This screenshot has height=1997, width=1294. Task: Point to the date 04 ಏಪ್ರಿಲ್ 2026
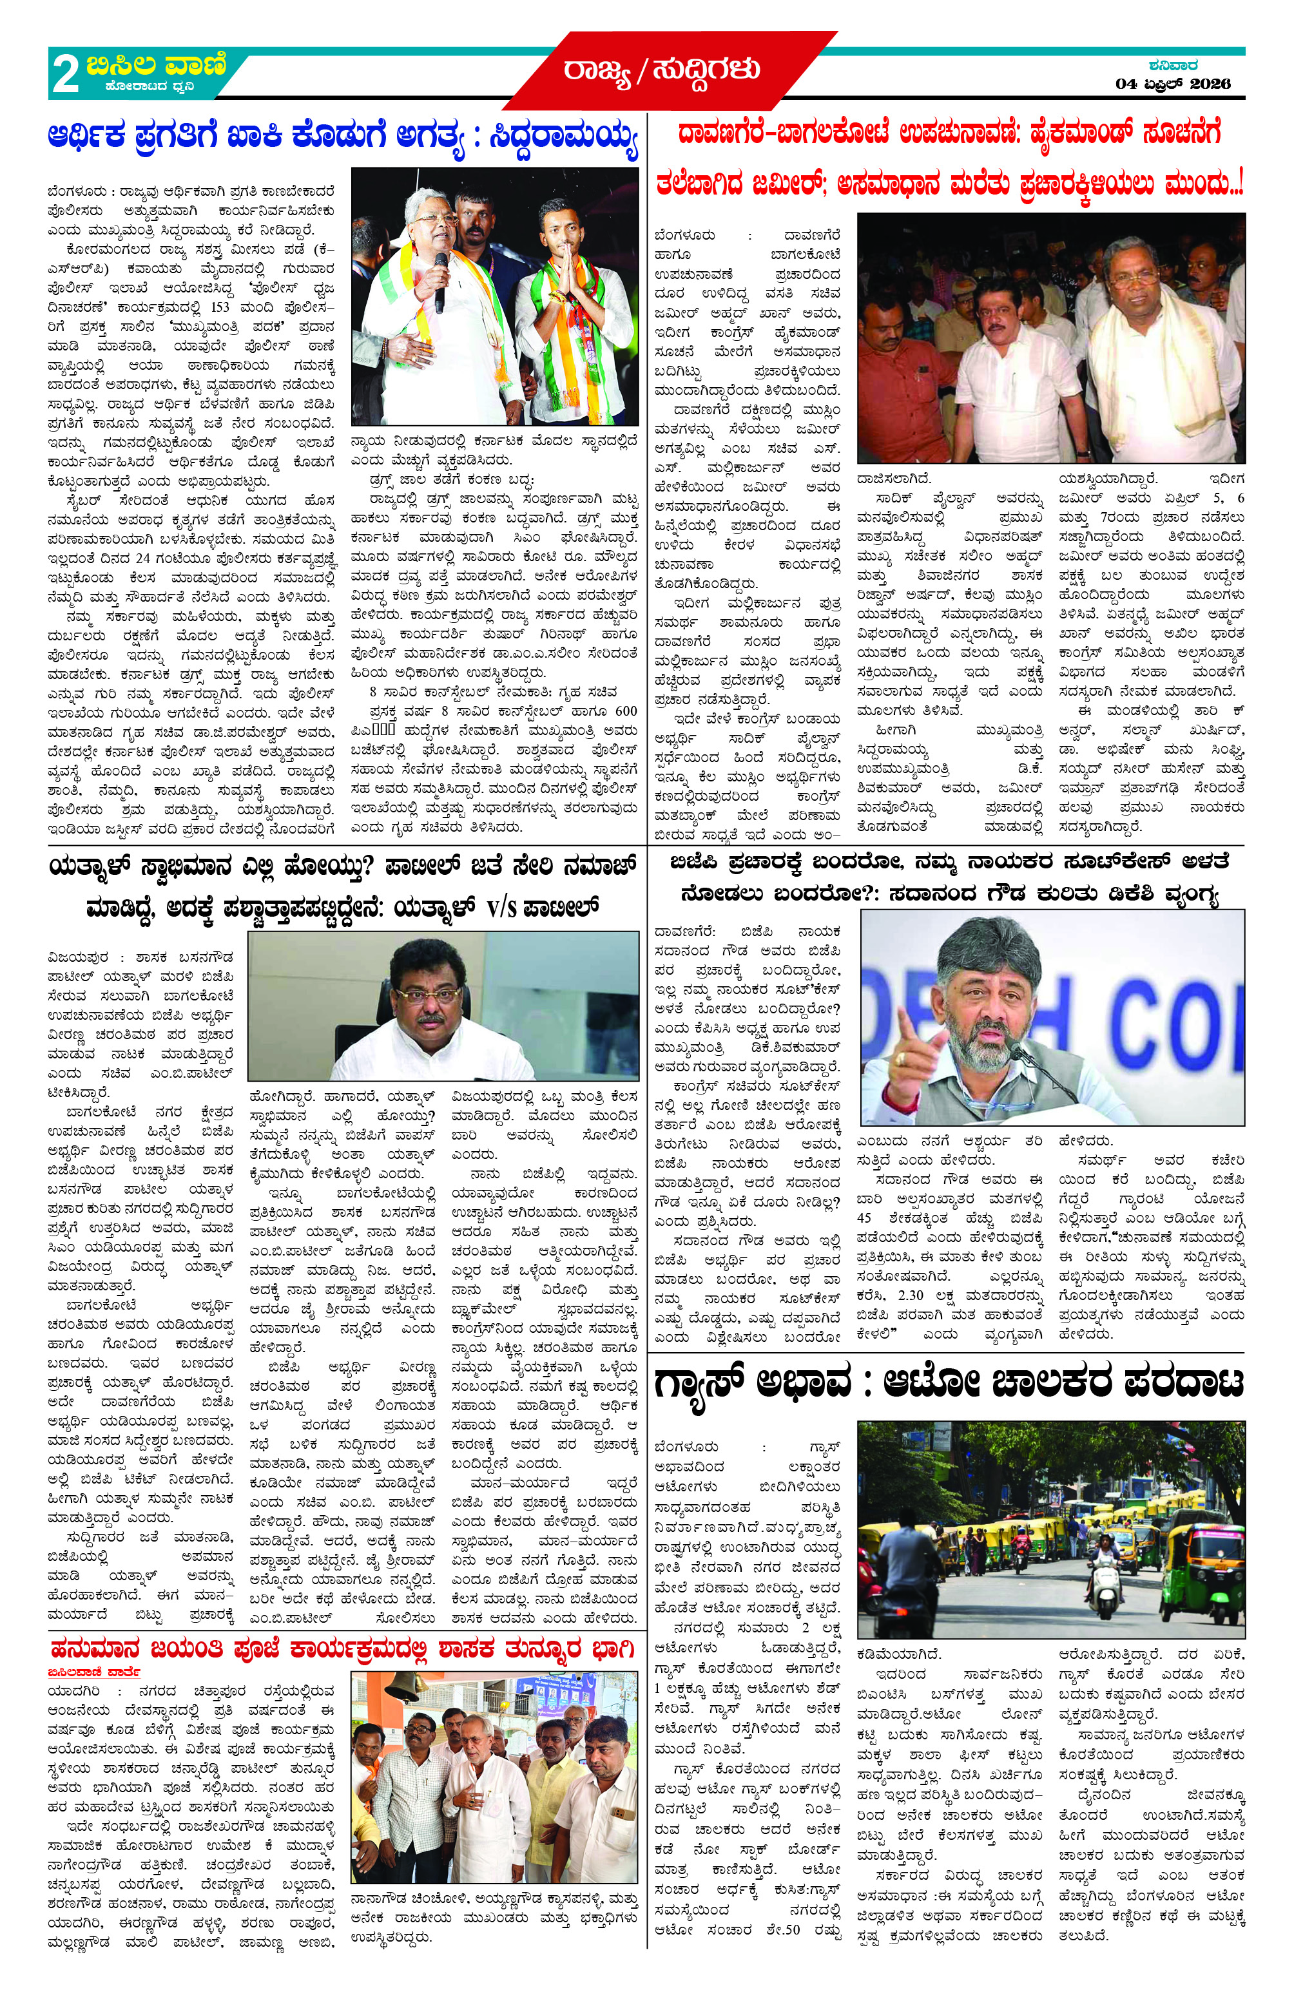(x=1172, y=84)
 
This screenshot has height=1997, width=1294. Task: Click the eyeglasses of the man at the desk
(x=427, y=996)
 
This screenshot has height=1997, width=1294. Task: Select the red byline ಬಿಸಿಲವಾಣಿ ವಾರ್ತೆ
(x=93, y=1672)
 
